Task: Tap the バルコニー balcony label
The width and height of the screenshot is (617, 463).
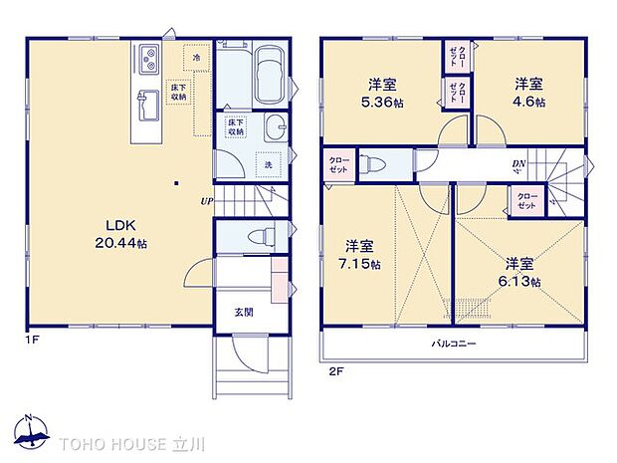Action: pos(453,344)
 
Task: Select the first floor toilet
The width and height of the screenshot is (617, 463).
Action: pos(262,237)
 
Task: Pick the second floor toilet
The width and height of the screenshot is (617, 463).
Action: pos(373,164)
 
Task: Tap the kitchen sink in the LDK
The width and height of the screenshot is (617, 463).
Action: pos(146,100)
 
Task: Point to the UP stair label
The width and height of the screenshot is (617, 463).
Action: pos(205,201)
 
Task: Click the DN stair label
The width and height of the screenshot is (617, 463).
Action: pos(518,164)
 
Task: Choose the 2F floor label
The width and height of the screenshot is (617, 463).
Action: pos(335,371)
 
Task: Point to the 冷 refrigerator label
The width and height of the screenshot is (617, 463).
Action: pos(197,59)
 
